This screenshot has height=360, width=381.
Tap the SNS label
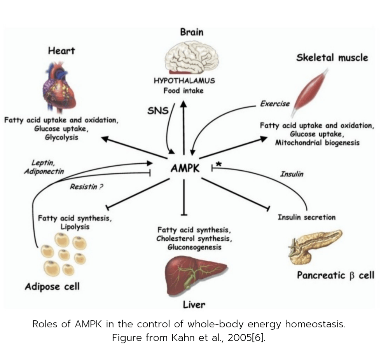(158, 111)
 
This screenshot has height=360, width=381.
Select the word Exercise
(275, 104)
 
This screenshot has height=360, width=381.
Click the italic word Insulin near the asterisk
(292, 174)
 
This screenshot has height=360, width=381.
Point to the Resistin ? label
(86, 187)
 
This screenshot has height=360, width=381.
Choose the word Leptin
(42, 163)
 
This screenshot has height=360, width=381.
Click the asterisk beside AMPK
(218, 164)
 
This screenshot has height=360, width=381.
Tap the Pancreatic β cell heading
(335, 276)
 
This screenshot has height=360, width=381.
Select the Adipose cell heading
(52, 287)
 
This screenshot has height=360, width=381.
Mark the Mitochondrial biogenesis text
(317, 143)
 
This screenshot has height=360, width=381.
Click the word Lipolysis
(75, 226)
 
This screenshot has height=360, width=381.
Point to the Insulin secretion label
(306, 217)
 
